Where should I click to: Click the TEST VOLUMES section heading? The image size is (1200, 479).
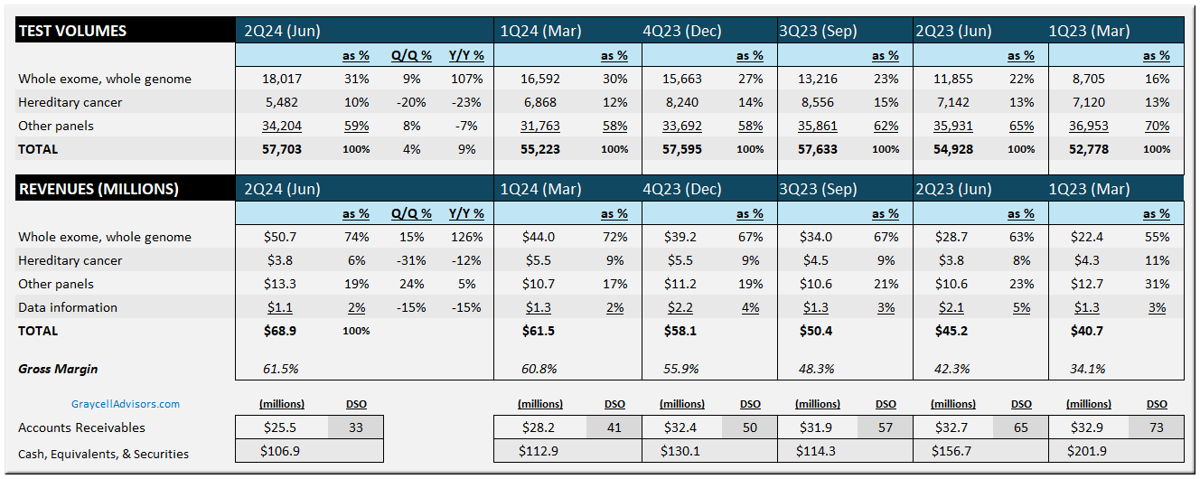72,31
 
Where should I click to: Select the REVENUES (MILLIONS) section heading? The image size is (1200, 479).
98,189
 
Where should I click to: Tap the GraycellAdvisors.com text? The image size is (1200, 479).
126,404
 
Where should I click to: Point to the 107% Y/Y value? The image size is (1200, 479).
466,79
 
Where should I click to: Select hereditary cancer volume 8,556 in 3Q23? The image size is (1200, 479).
818,102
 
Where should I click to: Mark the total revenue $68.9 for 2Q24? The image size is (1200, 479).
278,331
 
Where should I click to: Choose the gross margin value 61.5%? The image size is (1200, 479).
280,369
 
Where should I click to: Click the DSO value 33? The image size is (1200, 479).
356,427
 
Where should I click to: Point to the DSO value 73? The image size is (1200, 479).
1157,427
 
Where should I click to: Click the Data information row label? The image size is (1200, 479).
68,307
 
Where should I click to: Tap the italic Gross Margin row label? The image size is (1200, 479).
58,369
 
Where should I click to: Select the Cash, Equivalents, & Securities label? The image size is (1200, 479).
104,454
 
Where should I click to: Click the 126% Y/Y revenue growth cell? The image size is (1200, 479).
466,237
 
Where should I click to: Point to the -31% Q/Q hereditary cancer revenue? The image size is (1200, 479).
412,260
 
